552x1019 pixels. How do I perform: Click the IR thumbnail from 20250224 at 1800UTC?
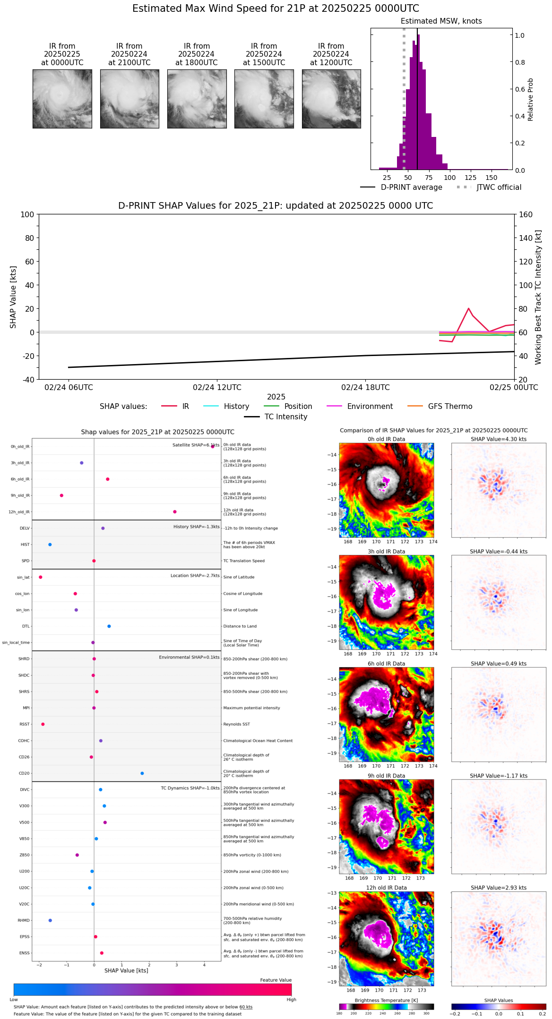coord(197,99)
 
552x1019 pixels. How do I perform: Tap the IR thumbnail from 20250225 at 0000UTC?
coord(62,99)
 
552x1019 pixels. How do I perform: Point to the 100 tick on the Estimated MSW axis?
coord(450,178)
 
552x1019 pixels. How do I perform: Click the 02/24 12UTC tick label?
coord(217,388)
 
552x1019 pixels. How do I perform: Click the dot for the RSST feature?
coord(43,724)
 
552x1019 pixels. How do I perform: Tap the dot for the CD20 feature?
coord(142,773)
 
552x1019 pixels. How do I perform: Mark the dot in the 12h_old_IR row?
coord(175,512)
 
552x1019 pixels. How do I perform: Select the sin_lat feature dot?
coord(41,577)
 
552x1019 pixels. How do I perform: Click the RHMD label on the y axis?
coord(24,920)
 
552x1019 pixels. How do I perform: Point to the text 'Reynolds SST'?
coord(236,724)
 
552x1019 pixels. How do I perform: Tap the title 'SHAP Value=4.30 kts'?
coord(498,439)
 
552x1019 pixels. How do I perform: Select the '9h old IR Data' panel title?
coord(386,776)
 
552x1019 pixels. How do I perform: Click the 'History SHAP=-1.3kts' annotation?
coord(196,526)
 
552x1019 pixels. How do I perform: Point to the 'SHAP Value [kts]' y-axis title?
coord(13,297)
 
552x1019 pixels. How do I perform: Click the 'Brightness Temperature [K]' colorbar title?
coord(386,1000)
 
